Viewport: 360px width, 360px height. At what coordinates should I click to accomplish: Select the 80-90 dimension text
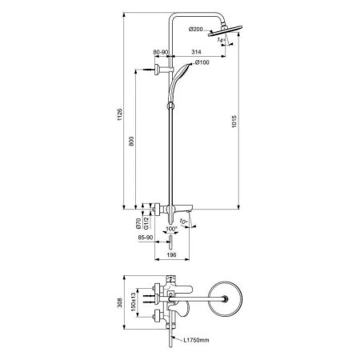pos(162,53)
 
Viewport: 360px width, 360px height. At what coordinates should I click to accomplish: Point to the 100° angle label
pos(170,230)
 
